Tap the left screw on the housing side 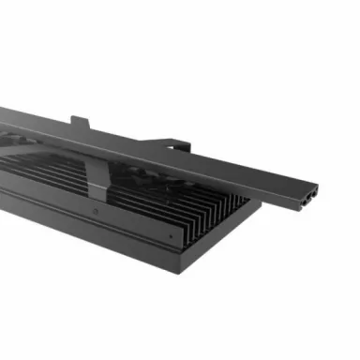coord(97,211)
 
